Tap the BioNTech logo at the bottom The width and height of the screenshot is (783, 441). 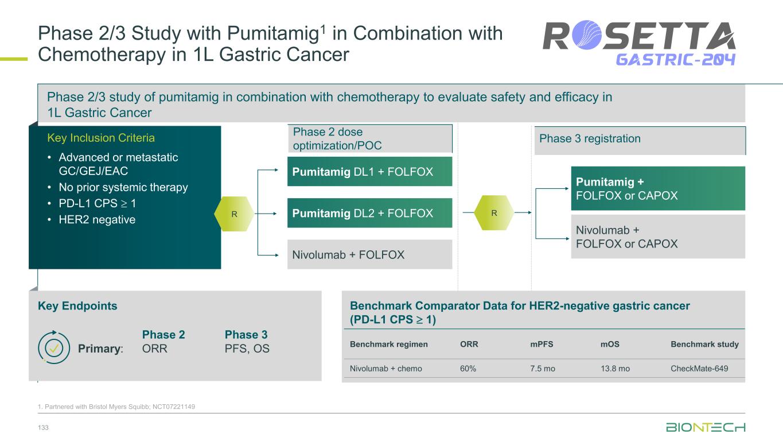tap(706, 428)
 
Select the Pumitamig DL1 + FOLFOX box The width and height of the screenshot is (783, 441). tap(369, 172)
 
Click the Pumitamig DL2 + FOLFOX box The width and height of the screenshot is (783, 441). tap(369, 213)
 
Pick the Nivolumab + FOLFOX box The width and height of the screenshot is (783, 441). tap(369, 254)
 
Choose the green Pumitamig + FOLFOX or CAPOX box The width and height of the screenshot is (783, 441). tap(657, 188)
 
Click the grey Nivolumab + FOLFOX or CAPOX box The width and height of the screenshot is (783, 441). tap(657, 237)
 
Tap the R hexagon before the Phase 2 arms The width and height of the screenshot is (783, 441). tap(234, 214)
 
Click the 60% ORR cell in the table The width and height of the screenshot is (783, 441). tap(468, 369)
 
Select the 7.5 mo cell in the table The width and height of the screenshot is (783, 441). tap(543, 369)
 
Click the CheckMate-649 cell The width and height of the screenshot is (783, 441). tap(699, 369)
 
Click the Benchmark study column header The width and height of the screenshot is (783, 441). tap(704, 345)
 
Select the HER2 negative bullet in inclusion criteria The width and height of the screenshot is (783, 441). tap(97, 219)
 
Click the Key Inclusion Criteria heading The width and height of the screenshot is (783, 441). tap(101, 138)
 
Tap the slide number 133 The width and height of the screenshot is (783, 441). tap(43, 427)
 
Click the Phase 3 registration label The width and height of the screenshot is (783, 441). tap(590, 138)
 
